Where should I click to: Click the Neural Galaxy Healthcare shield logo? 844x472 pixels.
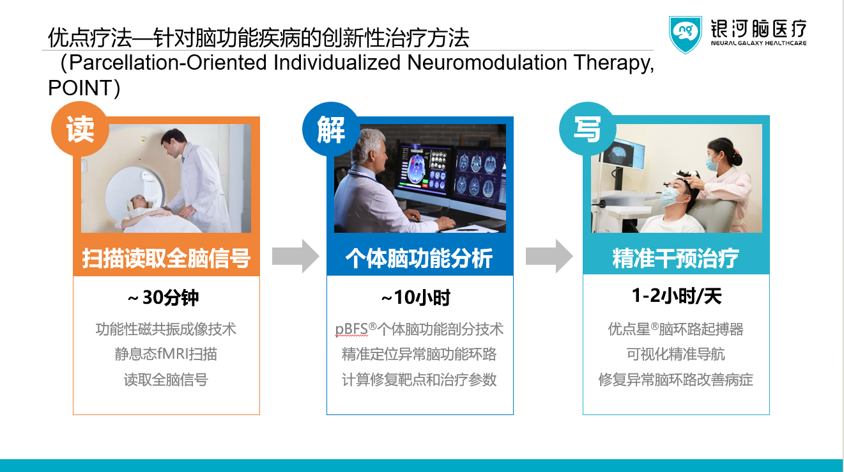(x=686, y=34)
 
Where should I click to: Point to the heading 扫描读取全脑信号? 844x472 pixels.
(x=166, y=258)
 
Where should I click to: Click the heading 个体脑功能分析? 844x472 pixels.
(x=419, y=258)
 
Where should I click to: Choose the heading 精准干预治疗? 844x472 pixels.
(x=675, y=258)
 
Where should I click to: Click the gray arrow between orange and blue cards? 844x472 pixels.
(x=295, y=256)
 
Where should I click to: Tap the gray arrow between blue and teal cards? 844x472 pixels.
(x=549, y=256)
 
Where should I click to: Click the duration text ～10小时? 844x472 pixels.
(x=416, y=298)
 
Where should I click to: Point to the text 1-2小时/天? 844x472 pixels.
(x=676, y=296)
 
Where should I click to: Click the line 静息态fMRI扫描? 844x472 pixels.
(x=166, y=354)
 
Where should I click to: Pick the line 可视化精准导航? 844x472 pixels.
(x=675, y=354)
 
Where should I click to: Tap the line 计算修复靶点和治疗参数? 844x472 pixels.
(x=419, y=379)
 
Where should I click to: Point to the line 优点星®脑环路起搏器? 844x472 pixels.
(x=675, y=329)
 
